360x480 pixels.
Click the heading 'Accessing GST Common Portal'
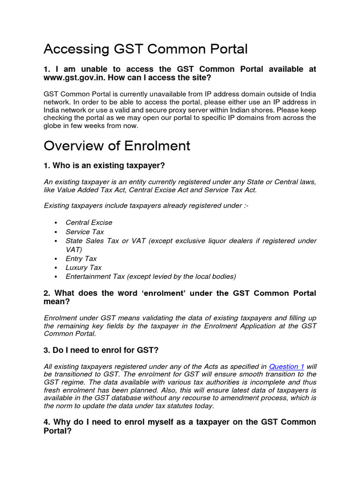[x=145, y=49]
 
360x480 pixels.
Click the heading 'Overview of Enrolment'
[x=117, y=146]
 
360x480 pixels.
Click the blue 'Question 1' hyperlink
[x=286, y=367]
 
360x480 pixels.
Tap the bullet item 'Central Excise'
[x=89, y=223]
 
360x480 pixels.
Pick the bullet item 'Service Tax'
[x=85, y=232]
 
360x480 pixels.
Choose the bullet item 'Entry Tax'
[x=81, y=259]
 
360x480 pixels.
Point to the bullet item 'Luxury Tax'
[x=83, y=268]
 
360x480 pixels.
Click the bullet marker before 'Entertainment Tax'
[x=55, y=277]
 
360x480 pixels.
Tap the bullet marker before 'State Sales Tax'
[x=55, y=241]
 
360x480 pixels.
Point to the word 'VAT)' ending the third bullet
[x=74, y=250]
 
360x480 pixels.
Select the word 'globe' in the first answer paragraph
[x=53, y=126]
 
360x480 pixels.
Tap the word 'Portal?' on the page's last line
[x=57, y=431]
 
